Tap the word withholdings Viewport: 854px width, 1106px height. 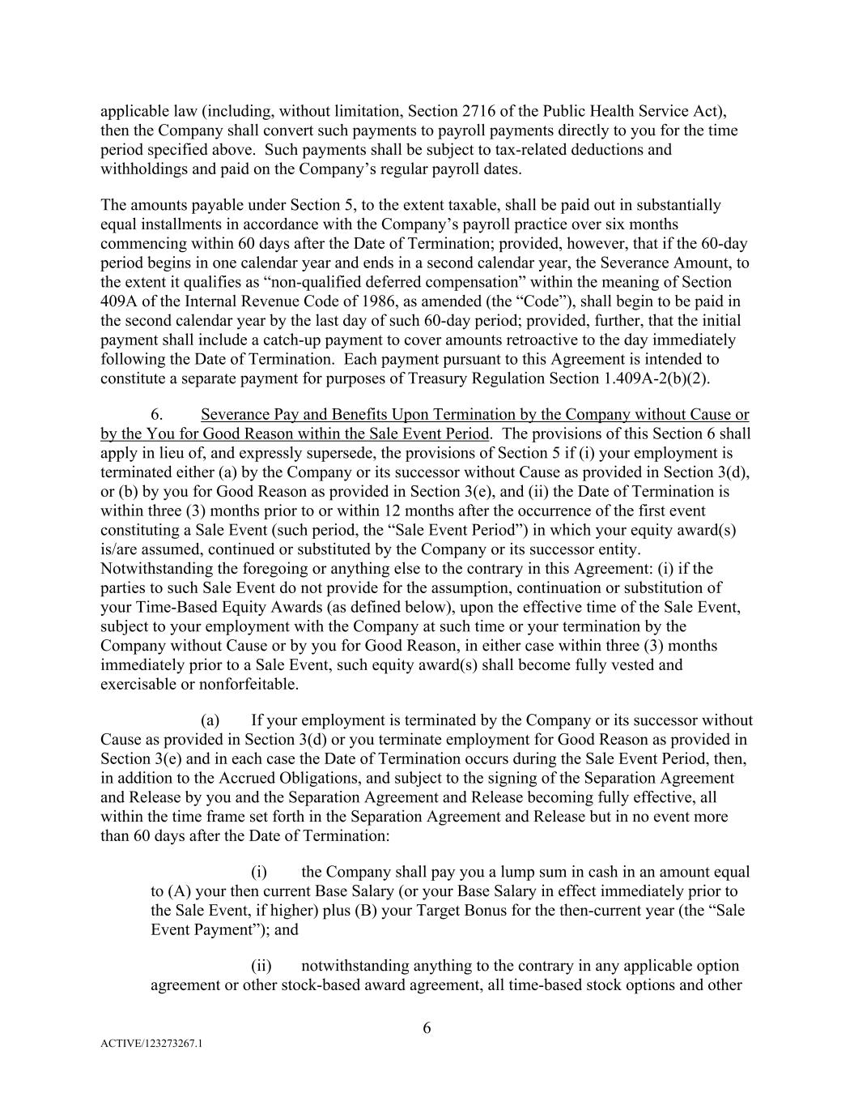tap(142, 169)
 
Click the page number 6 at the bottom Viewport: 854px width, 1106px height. tap(427, 1029)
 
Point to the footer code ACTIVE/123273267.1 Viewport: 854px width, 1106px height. tap(151, 1044)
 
